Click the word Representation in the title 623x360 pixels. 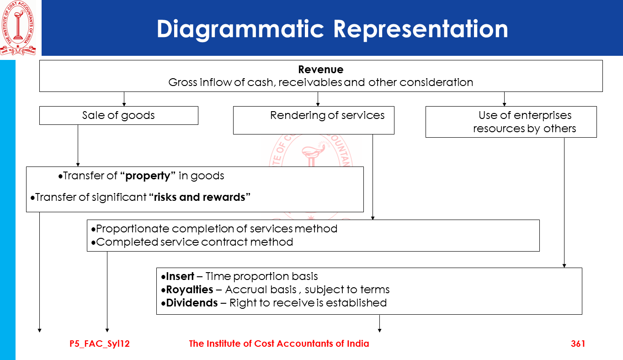tap(421, 29)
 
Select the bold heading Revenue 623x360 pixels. tap(320, 70)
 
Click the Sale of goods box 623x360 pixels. tap(118, 115)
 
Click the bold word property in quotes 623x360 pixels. tap(148, 176)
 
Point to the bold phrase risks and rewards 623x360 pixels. tap(200, 197)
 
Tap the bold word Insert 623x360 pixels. tap(180, 276)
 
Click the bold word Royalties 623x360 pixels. tap(189, 290)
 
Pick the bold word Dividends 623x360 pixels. tap(192, 303)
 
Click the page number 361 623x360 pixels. tap(578, 344)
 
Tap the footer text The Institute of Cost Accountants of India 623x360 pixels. tap(279, 344)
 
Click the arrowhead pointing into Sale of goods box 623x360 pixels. tap(124, 104)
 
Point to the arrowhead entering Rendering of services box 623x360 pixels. tap(318, 104)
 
